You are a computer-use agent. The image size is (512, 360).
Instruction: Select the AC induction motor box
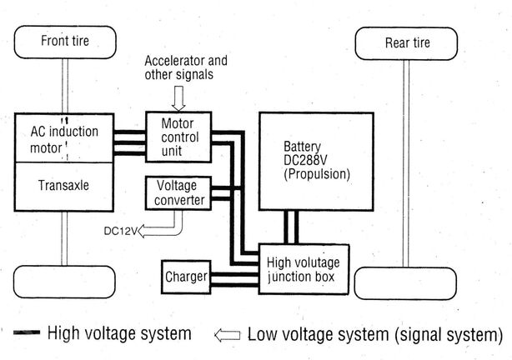(x=64, y=138)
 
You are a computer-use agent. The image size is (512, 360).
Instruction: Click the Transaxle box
(x=64, y=186)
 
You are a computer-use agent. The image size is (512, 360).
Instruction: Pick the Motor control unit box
(x=178, y=137)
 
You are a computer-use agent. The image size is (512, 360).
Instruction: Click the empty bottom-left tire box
(x=64, y=282)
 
